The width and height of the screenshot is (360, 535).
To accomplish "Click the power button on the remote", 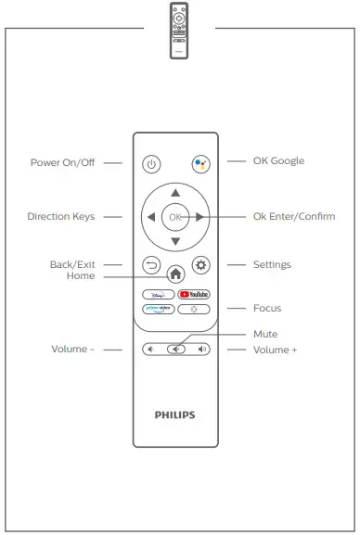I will pos(152,164).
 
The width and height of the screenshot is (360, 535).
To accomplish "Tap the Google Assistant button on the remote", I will pos(199,164).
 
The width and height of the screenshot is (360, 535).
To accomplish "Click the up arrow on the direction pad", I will pos(175,194).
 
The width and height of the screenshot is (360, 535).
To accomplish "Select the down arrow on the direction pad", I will pos(175,241).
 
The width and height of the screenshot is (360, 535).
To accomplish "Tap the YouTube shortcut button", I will pos(193,293).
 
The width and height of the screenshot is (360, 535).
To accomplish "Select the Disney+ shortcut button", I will pos(158,293).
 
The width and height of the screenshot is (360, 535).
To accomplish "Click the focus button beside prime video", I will pos(193,308).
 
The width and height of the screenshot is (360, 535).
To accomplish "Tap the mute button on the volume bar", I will pos(176,350).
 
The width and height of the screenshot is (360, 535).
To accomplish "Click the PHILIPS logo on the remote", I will pos(175,414).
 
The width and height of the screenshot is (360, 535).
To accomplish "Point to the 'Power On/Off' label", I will pos(63,161).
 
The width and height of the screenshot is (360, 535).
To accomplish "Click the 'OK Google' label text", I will pos(278,160).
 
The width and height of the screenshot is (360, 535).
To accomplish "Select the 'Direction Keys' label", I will pos(60,217).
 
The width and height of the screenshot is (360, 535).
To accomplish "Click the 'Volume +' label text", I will pos(275,350).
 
